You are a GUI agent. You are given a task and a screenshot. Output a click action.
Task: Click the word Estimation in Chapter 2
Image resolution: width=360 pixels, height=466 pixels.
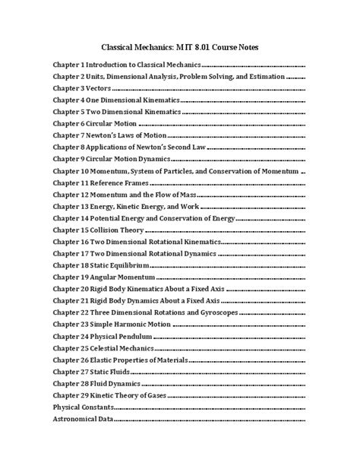261,77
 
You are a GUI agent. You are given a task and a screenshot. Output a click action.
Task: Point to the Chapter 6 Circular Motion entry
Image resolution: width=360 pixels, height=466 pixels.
93,124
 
